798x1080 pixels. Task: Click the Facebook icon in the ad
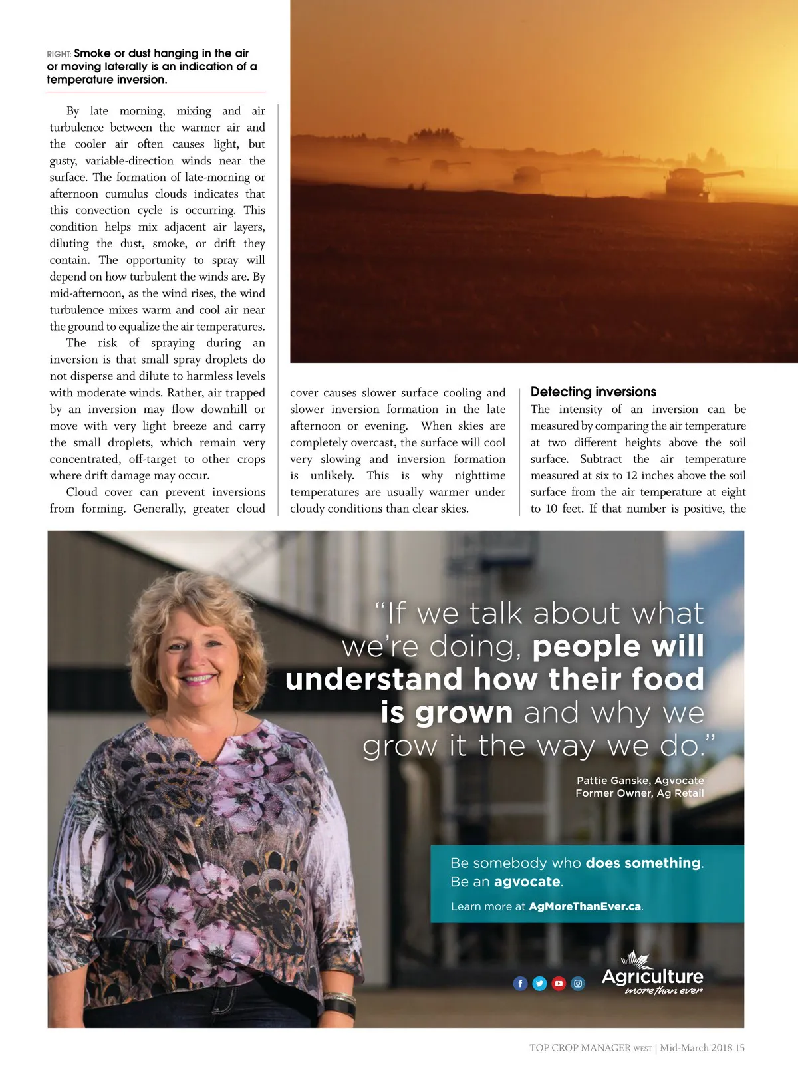coord(520,983)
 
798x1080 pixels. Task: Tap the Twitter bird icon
coord(539,983)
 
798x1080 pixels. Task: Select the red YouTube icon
coord(559,983)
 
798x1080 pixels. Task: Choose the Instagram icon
coord(578,983)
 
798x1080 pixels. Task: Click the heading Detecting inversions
coord(593,392)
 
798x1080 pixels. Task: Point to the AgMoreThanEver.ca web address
coord(585,906)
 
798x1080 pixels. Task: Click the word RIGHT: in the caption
coord(59,54)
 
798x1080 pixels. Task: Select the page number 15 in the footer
coord(739,1048)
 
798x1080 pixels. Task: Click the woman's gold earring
coord(241,680)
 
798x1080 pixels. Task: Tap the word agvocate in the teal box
coord(527,882)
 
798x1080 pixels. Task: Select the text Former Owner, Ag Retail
coord(639,793)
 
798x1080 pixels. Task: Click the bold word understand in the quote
coord(374,680)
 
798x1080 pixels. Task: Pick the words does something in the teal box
coord(643,863)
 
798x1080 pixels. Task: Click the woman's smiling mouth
coord(198,679)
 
